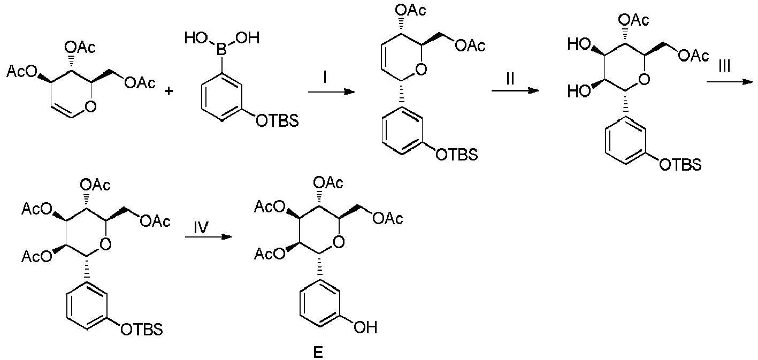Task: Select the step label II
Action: pyautogui.click(x=510, y=79)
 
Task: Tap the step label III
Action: pyautogui.click(x=724, y=66)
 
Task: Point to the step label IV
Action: pyautogui.click(x=201, y=227)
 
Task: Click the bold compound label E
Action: pyautogui.click(x=318, y=352)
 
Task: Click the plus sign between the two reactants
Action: pyautogui.click(x=169, y=91)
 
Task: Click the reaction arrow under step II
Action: pyautogui.click(x=515, y=90)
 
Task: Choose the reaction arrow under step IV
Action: pyautogui.click(x=209, y=237)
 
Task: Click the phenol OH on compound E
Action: pyautogui.click(x=365, y=327)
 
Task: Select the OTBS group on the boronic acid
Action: pyautogui.click(x=278, y=121)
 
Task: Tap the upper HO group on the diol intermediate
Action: pyautogui.click(x=579, y=44)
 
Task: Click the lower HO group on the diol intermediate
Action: pyautogui.click(x=579, y=91)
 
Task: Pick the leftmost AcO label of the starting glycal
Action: pyautogui.click(x=21, y=72)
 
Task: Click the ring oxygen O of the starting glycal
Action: pyautogui.click(x=90, y=106)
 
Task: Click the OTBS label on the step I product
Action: pyautogui.click(x=457, y=155)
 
